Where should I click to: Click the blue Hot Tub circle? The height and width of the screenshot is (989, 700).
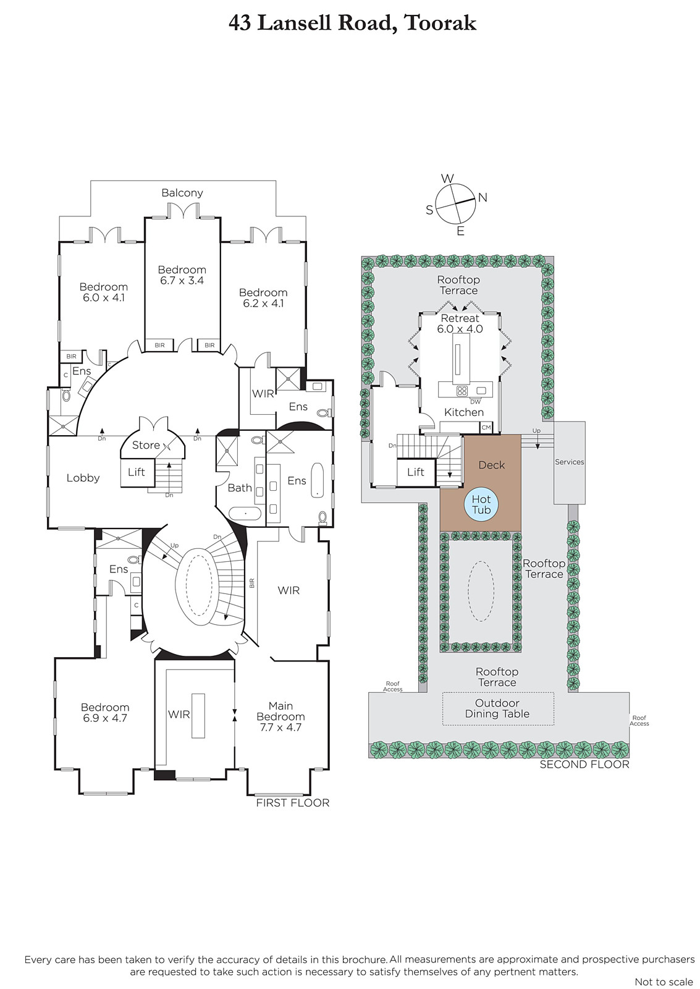(481, 504)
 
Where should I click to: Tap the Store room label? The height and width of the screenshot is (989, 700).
(146, 445)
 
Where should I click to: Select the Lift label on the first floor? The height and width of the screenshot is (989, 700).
(137, 472)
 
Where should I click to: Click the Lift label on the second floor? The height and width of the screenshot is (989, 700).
(415, 472)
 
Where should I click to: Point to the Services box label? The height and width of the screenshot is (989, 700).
(570, 462)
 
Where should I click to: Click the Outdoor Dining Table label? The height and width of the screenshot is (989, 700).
(497, 708)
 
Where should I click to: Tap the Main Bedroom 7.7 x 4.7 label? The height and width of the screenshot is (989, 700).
(280, 716)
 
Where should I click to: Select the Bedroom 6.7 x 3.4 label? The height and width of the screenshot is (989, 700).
(182, 274)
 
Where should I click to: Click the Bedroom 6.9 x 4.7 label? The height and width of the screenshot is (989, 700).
(105, 713)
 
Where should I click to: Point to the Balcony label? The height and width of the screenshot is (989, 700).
(182, 192)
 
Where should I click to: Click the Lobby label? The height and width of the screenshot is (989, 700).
(83, 478)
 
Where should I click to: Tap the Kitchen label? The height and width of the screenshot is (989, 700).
(464, 412)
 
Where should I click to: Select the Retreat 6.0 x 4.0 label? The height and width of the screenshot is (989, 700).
(460, 323)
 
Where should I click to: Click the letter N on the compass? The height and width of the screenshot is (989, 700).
(483, 197)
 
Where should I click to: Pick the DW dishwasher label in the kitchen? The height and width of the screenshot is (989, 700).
(475, 402)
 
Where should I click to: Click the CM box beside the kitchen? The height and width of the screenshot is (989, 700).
(486, 427)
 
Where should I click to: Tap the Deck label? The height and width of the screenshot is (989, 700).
(492, 465)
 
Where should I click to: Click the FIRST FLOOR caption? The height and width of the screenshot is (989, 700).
(293, 803)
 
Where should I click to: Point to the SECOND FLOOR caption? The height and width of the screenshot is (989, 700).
(584, 764)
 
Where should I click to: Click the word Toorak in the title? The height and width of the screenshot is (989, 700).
(441, 23)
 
